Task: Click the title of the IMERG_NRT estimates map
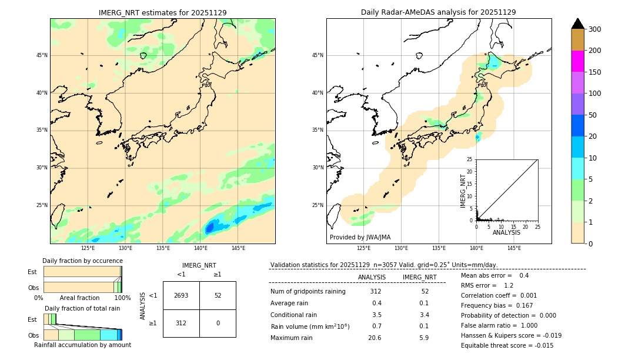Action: pyautogui.click(x=162, y=12)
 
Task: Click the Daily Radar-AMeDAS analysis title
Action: pyautogui.click(x=438, y=12)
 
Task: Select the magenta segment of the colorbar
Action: pyautogui.click(x=577, y=61)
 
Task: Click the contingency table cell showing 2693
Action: pyautogui.click(x=181, y=295)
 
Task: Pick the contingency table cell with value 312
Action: pyautogui.click(x=181, y=323)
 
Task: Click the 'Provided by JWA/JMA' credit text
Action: pyautogui.click(x=360, y=238)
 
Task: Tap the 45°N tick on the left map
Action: pyautogui.click(x=42, y=55)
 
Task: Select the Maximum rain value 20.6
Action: pyautogui.click(x=375, y=338)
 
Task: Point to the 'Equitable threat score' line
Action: pyautogui.click(x=507, y=345)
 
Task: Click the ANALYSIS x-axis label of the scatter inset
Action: pyautogui.click(x=506, y=232)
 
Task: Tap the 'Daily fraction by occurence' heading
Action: pyautogui.click(x=82, y=261)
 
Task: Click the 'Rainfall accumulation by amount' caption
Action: pyautogui.click(x=82, y=345)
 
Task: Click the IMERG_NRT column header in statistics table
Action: pyautogui.click(x=419, y=277)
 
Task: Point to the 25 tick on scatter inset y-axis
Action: pyautogui.click(x=470, y=159)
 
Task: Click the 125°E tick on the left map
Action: pyautogui.click(x=88, y=248)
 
